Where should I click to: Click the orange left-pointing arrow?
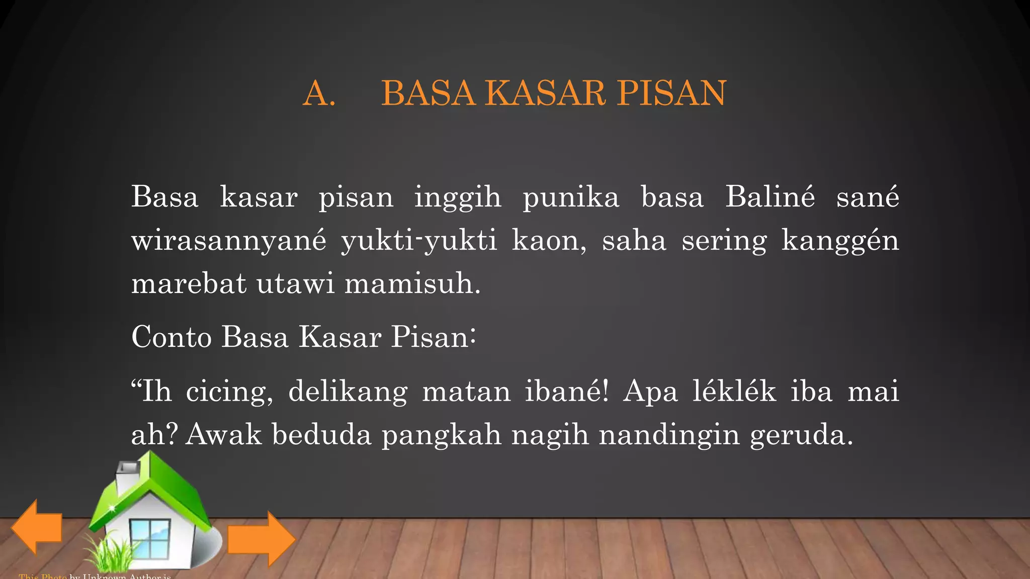click(36, 527)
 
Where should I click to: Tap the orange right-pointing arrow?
click(262, 539)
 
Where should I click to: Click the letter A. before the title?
click(319, 93)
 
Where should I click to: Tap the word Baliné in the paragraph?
click(769, 197)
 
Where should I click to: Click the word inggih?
click(458, 198)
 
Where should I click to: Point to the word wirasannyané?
click(229, 241)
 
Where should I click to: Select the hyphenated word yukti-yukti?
click(419, 241)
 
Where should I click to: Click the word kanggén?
click(840, 241)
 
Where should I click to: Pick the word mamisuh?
click(412, 283)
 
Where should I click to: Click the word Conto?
click(171, 337)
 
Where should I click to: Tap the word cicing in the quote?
click(229, 392)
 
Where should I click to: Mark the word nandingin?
click(669, 435)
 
